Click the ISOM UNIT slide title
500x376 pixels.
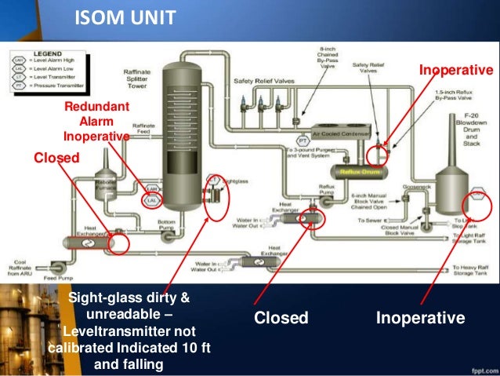(x=125, y=16)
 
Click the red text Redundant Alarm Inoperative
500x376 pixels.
(x=96, y=122)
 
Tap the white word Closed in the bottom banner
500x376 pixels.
(x=281, y=318)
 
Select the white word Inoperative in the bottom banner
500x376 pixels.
(x=421, y=318)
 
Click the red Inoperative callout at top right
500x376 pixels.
(x=455, y=71)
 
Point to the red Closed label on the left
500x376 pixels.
(x=56, y=158)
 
